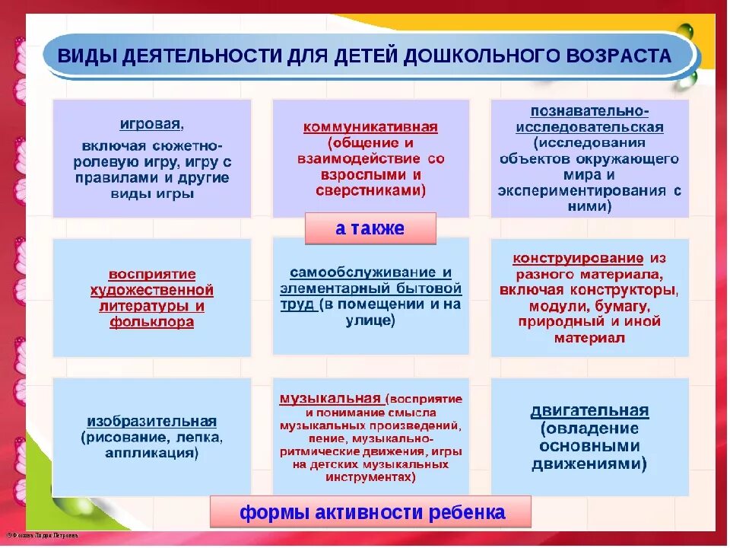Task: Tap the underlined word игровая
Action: tap(151, 124)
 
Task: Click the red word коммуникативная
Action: tap(370, 127)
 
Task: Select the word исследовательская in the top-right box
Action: tap(589, 127)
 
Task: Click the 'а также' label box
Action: tap(370, 228)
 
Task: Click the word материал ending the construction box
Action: tap(589, 338)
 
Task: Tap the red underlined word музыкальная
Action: tap(329, 398)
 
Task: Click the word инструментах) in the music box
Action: tap(370, 478)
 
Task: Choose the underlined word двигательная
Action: tap(589, 411)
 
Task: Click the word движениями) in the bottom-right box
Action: tap(589, 464)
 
